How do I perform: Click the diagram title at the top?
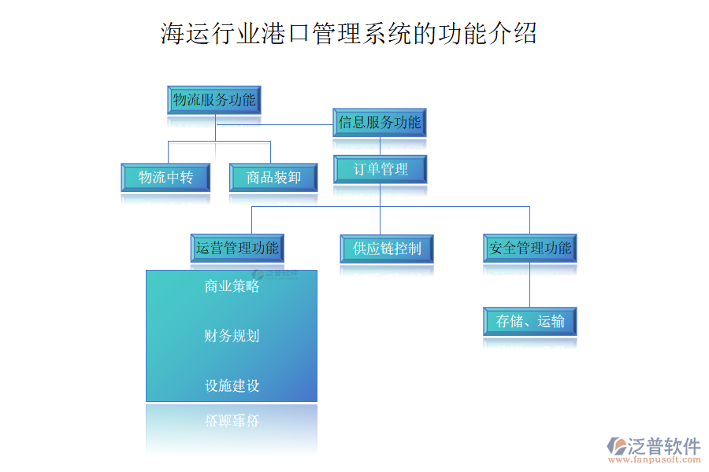coord(349,34)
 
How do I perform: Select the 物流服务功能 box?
coord(214,101)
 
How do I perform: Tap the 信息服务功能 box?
coord(380,123)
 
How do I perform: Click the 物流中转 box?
coord(165,178)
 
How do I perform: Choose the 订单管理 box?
coord(380,169)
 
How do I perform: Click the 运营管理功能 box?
coord(237,249)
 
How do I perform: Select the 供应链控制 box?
coord(387,249)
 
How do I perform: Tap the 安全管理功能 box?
coord(529,249)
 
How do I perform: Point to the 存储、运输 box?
coord(529,322)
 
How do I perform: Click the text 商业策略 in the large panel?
coord(232,286)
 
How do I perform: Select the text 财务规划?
coord(232,336)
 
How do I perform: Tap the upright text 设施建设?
coord(232,386)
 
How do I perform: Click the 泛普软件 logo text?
coord(663,445)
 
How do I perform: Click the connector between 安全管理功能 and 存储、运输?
coord(529,285)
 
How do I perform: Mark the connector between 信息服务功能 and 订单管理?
coord(380,146)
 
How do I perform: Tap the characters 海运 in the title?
coord(180,34)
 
